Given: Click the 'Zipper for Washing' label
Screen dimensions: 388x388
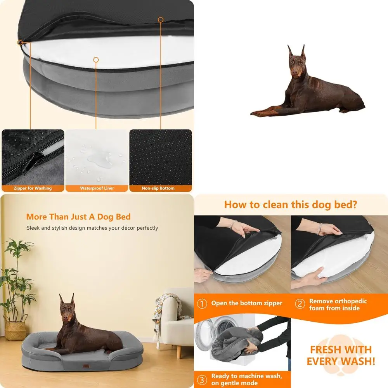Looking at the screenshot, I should click(x=33, y=188).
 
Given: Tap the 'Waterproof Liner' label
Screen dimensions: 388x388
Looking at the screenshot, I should click(x=97, y=188).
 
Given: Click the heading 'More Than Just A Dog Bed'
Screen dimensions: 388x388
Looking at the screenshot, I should click(x=78, y=217).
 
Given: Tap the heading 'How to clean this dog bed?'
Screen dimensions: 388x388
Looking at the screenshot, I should click(x=291, y=204).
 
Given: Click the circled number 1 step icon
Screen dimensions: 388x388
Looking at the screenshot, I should click(x=202, y=303).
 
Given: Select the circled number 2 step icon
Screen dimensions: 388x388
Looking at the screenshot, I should click(x=300, y=304).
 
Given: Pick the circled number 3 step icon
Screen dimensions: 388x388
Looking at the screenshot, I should click(x=202, y=379).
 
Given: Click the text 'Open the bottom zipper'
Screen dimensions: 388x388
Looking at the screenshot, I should click(x=247, y=303).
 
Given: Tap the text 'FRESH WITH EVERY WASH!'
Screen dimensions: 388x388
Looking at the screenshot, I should click(x=341, y=355).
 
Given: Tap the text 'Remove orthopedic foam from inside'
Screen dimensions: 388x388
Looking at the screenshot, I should click(x=338, y=305).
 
